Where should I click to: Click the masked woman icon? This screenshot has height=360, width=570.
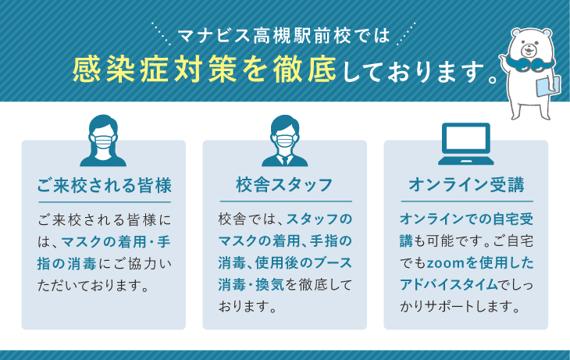103,141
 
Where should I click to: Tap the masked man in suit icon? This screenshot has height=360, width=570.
285,141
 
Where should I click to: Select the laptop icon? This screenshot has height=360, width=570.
465,144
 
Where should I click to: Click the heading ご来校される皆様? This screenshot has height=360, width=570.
105,185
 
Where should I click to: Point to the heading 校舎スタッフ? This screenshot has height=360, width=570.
284,185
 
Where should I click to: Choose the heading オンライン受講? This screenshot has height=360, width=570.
466,185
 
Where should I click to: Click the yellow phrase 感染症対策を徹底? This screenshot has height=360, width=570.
205,69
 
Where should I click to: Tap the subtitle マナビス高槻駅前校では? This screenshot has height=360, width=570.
284,36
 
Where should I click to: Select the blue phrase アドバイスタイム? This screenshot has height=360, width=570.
449,284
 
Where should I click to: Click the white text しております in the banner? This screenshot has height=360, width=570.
412,72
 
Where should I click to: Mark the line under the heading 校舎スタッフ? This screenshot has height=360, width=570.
286,201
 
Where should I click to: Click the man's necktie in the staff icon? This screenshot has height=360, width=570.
285,160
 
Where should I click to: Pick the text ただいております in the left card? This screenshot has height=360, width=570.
94,286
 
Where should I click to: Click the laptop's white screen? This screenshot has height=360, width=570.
466,139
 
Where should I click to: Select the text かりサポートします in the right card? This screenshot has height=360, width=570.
460,307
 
